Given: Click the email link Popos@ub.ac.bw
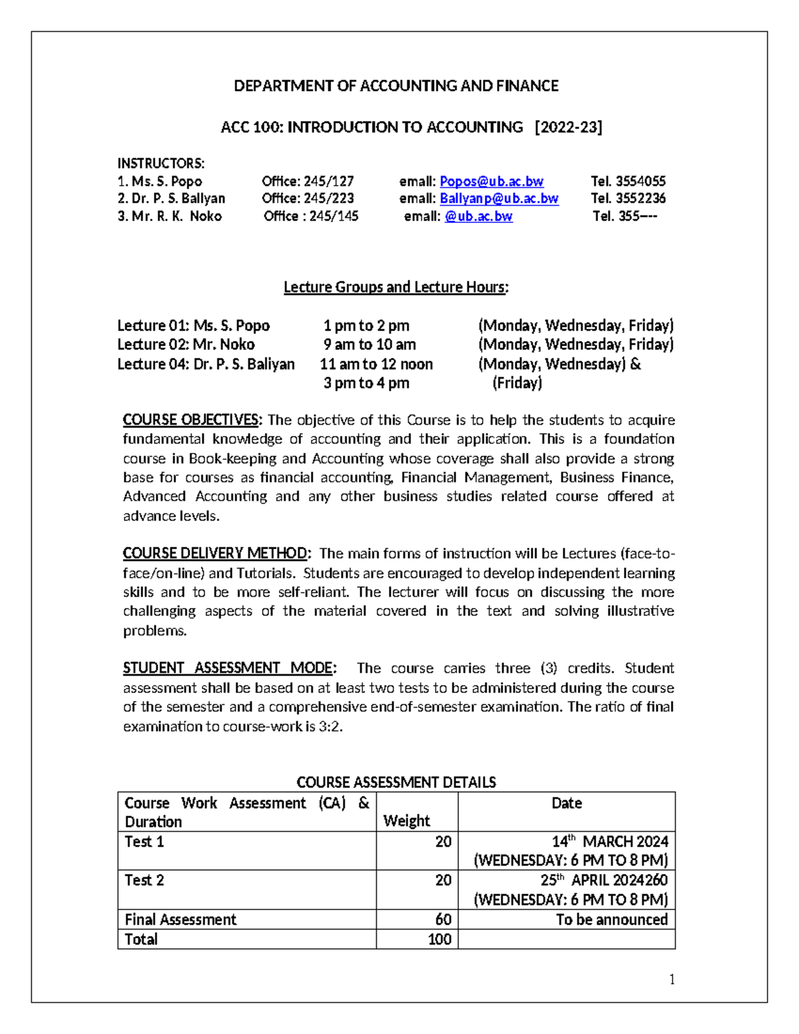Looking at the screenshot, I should [x=491, y=181].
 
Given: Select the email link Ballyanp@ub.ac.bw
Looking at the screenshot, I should [x=499, y=198].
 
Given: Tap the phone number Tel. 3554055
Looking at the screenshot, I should [x=628, y=181].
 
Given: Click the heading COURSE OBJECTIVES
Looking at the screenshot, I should [x=192, y=420].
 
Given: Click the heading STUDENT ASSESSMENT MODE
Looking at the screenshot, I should [x=230, y=668].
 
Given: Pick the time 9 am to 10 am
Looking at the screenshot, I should [x=370, y=344].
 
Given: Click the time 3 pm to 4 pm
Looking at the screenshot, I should [x=366, y=383].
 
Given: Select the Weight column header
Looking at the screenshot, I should [x=407, y=820].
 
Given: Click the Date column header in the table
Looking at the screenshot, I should [x=567, y=803].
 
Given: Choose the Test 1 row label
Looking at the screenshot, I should [x=144, y=842].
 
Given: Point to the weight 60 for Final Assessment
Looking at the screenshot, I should [x=443, y=919].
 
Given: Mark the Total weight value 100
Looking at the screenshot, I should [x=440, y=939].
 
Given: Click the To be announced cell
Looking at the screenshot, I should [x=611, y=919].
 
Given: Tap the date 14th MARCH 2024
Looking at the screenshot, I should [x=609, y=842].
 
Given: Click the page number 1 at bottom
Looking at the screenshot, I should [x=672, y=979].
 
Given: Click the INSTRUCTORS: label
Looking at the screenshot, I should [x=161, y=164].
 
